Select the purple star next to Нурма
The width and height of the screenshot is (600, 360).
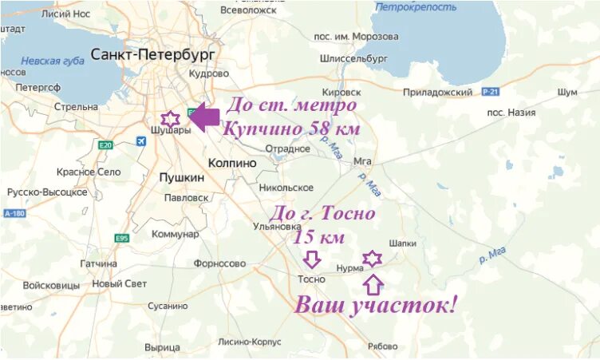click(x=372, y=258)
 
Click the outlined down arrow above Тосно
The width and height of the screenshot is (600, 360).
click(x=312, y=259)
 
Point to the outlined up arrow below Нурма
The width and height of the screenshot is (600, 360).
click(x=373, y=284)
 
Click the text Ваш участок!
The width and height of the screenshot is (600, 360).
click(x=377, y=304)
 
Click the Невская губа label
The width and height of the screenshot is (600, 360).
click(x=50, y=60)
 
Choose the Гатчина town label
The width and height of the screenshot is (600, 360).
click(x=98, y=263)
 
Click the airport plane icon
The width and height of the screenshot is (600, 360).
click(x=142, y=141)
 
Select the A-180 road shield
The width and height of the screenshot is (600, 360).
click(x=14, y=214)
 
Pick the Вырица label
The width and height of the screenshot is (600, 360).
click(x=162, y=347)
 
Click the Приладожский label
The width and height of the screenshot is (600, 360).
click(x=448, y=93)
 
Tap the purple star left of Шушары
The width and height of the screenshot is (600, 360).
click(x=168, y=118)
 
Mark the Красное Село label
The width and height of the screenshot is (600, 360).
click(x=88, y=172)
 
